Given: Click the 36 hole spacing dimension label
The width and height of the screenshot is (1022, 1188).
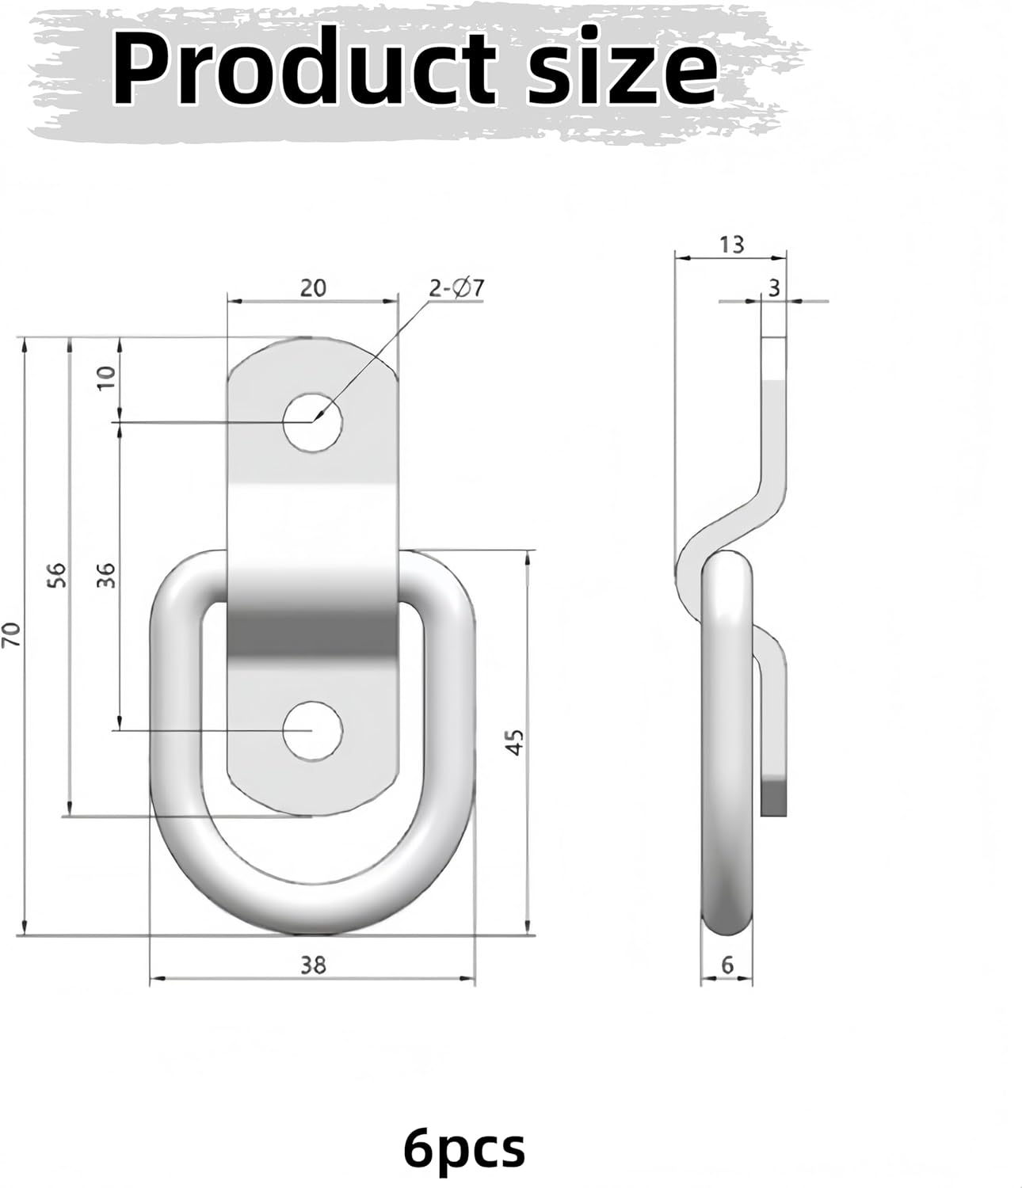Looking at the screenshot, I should (108, 573).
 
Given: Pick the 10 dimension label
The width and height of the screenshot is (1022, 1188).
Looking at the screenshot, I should (108, 375).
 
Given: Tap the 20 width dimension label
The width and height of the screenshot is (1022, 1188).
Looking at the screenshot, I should (313, 287).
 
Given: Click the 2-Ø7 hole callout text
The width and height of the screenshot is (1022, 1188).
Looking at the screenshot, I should (456, 288).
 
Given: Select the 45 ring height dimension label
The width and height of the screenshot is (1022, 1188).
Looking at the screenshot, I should (516, 742).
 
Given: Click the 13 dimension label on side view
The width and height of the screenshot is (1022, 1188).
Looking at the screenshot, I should (732, 245).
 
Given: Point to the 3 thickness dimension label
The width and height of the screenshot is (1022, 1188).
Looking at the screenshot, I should (774, 289).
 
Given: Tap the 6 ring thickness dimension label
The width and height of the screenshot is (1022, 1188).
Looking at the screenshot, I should (728, 965).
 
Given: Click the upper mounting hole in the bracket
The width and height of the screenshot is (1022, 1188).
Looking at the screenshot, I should (314, 421).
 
